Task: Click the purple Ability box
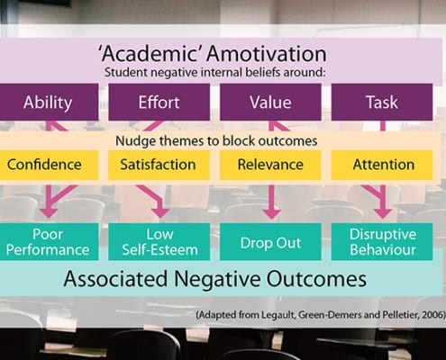click(x=49, y=102)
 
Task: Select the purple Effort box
click(x=159, y=102)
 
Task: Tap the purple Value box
click(x=270, y=102)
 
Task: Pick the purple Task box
click(x=382, y=102)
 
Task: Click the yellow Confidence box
click(x=49, y=165)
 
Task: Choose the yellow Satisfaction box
click(x=159, y=165)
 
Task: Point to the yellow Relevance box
click(x=270, y=165)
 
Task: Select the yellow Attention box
click(x=382, y=165)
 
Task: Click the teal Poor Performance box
click(x=49, y=241)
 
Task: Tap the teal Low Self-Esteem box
click(x=159, y=241)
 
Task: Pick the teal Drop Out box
click(x=270, y=241)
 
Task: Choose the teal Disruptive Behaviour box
click(x=382, y=241)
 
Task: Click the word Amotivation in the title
click(x=267, y=54)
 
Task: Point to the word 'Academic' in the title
click(x=151, y=54)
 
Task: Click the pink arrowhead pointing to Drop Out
click(x=271, y=213)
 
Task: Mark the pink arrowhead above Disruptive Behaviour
click(x=383, y=213)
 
